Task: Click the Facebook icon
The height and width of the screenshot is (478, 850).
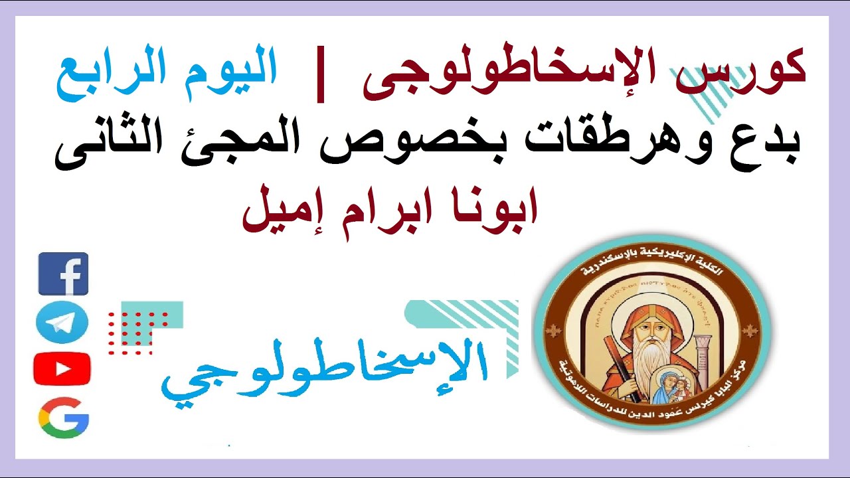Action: [x=63, y=274]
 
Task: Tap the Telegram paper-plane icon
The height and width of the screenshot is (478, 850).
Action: [x=62, y=322]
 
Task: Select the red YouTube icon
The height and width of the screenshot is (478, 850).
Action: [x=62, y=368]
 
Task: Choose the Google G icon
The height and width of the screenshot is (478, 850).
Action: [x=63, y=418]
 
